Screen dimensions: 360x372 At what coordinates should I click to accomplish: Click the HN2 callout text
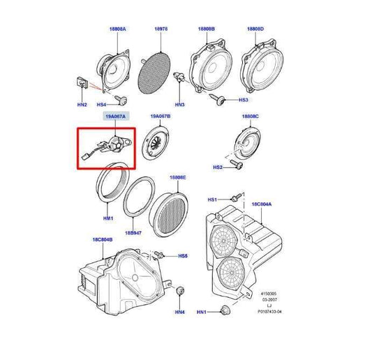pos(82,105)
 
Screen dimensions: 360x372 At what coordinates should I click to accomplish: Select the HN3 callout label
pos(179,105)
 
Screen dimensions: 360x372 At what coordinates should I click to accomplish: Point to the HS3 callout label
pos(244,100)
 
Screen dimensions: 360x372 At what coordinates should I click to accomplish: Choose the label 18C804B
pos(101,239)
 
